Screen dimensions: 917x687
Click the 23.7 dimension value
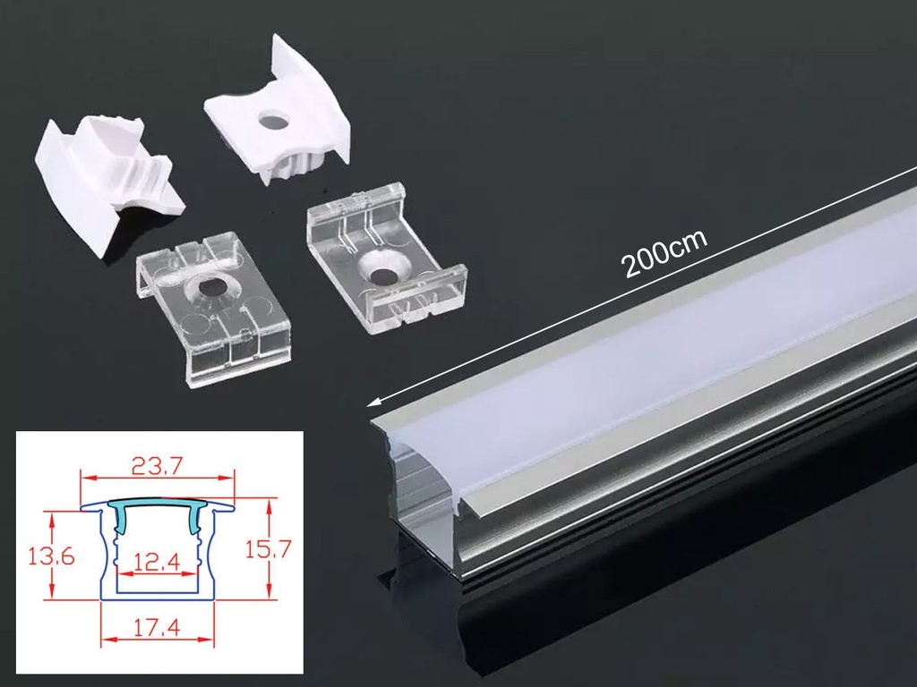click(x=158, y=465)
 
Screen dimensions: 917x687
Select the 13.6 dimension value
click(x=51, y=556)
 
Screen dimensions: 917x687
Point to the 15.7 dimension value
click(x=267, y=549)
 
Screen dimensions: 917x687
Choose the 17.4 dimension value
click(x=158, y=629)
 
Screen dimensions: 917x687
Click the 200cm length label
click(x=664, y=253)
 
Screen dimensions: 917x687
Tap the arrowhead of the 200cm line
click(x=373, y=403)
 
